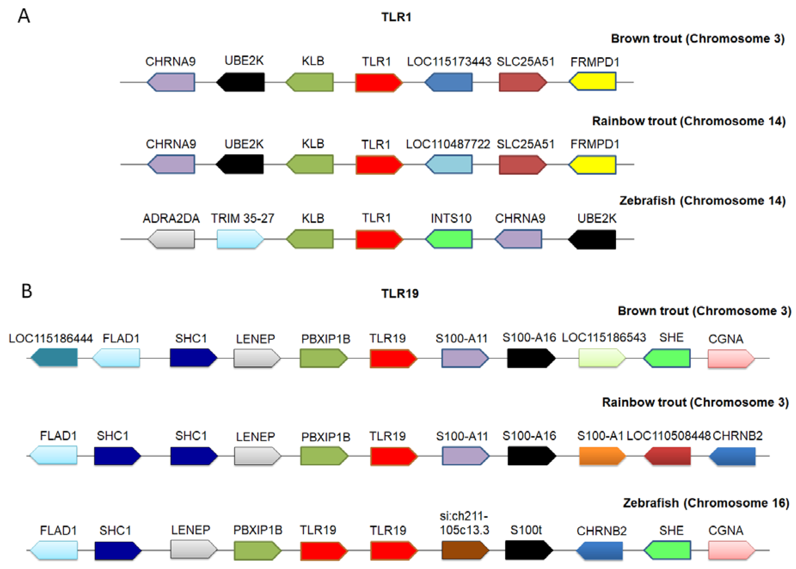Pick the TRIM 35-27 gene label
[242, 218]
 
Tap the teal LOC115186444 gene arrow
[54, 357]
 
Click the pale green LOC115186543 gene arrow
[601, 358]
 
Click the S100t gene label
[526, 530]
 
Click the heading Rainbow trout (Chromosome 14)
[689, 121]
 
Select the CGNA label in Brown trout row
[725, 339]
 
